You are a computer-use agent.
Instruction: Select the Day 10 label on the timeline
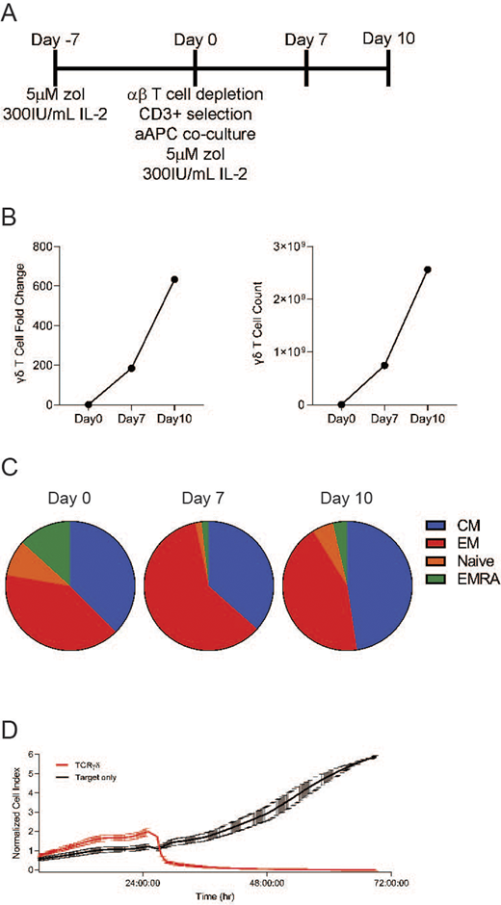388,39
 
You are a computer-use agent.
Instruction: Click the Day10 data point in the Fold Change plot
174,280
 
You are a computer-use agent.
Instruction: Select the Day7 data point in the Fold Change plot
131,368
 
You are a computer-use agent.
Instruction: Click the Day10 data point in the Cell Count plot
427,269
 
